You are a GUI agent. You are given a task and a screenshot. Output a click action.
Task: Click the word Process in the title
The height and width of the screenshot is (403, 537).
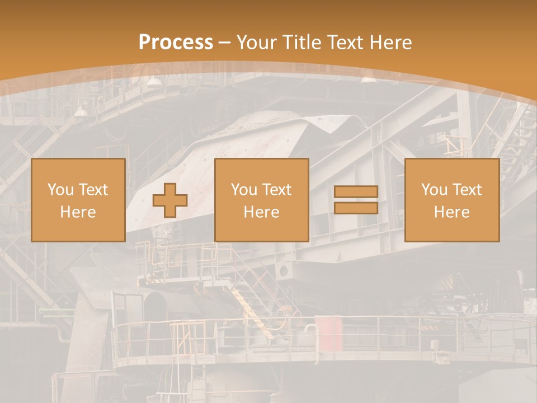tap(176, 43)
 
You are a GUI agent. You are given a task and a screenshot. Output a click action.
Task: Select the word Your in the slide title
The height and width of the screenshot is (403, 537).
tap(257, 43)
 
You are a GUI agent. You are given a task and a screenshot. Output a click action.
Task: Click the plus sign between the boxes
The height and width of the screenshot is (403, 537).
tap(170, 200)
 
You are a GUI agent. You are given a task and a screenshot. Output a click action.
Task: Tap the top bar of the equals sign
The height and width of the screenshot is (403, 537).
tap(356, 192)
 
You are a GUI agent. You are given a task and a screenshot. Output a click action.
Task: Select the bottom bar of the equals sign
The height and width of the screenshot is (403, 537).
tap(356, 208)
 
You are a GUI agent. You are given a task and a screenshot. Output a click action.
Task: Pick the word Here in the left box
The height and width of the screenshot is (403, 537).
tap(78, 212)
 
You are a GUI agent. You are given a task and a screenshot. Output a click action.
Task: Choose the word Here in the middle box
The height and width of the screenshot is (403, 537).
tap(262, 212)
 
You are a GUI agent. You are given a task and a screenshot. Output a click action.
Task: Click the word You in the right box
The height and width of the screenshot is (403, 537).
tap(434, 190)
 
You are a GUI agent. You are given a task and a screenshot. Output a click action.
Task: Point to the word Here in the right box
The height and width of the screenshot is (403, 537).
tap(452, 212)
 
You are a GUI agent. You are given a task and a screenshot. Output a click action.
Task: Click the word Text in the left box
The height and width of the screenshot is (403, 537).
tap(93, 190)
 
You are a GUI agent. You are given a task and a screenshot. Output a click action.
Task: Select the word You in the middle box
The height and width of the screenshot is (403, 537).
tap(244, 190)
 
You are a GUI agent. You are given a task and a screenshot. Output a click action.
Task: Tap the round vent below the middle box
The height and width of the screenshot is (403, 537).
tap(284, 271)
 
